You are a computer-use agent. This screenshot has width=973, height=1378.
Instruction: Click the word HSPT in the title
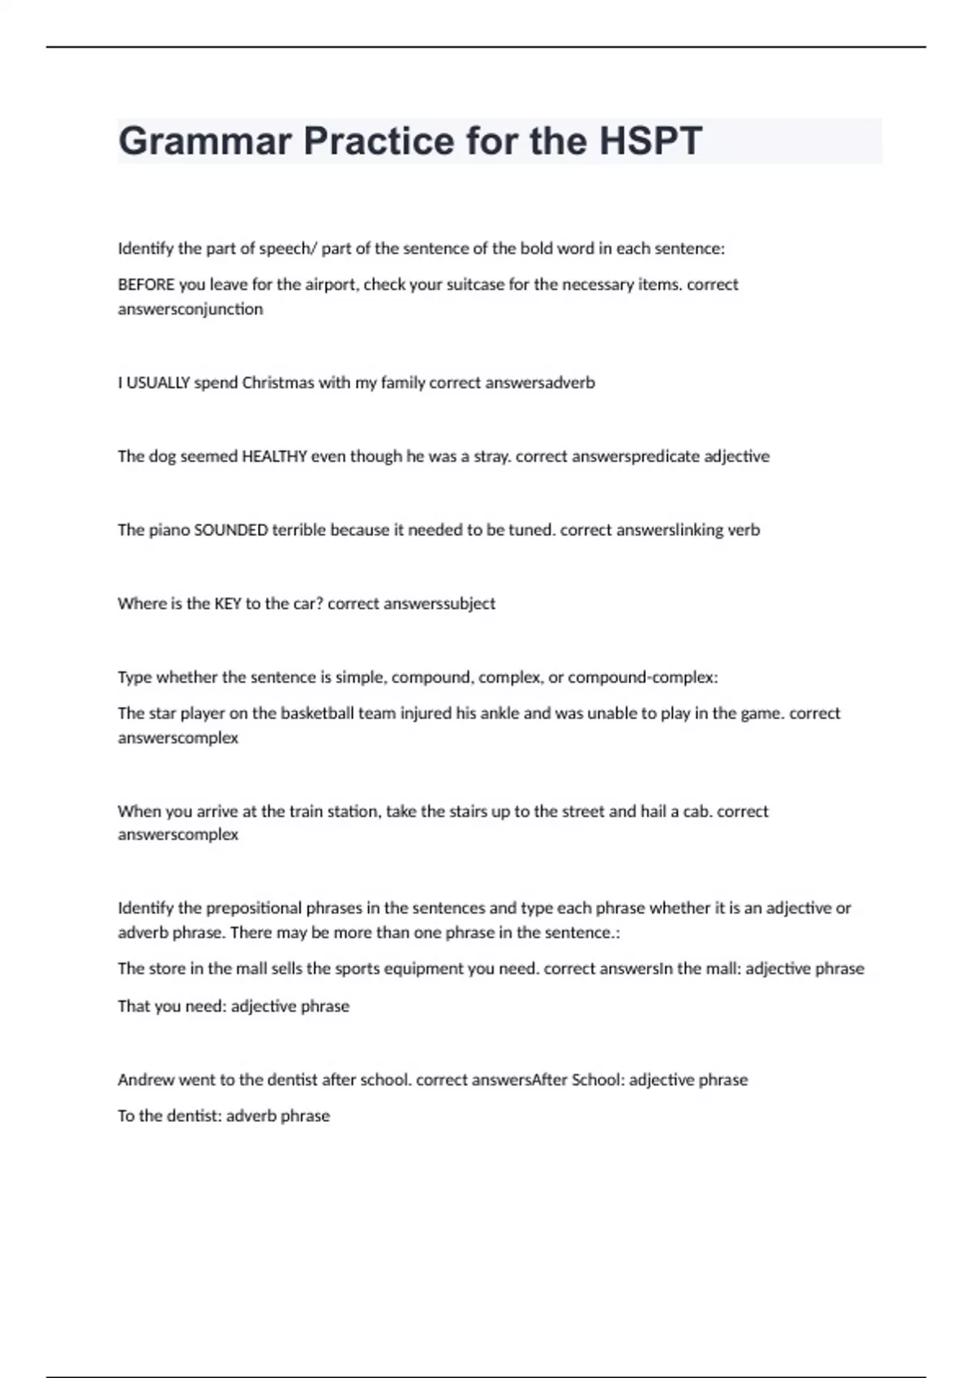650,141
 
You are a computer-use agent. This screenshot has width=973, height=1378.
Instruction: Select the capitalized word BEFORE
146,285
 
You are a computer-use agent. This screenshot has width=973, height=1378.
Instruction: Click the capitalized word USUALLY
158,383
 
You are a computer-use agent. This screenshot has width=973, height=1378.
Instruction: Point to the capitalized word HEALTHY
275,456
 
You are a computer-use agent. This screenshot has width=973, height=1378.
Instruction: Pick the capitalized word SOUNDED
231,530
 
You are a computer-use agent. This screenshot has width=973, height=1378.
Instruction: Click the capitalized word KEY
228,604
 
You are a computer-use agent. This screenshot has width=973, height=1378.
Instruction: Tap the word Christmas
278,383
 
